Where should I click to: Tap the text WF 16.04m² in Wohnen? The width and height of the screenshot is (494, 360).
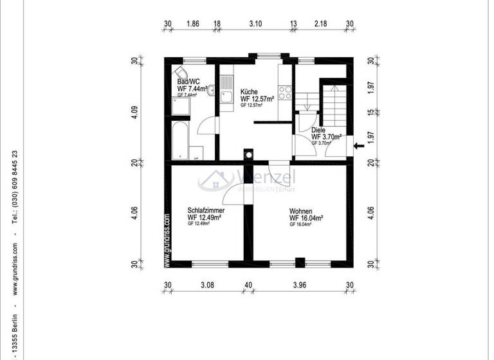click(306, 218)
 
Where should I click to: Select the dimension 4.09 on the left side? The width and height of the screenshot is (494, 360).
click(134, 113)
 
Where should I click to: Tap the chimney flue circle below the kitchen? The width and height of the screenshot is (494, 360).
click(248, 154)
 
